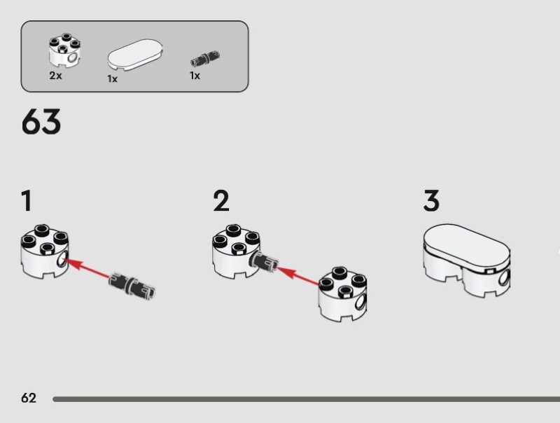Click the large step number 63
click(x=41, y=122)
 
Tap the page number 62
click(x=29, y=398)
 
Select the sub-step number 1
click(x=27, y=201)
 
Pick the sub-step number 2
click(x=221, y=201)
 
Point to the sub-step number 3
click(x=431, y=201)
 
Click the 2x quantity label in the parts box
click(x=56, y=76)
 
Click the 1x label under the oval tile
click(x=113, y=79)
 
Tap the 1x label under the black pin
click(x=195, y=76)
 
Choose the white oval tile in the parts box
click(x=135, y=55)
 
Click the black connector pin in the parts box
click(x=205, y=59)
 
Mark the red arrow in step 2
click(x=298, y=275)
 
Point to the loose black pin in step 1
click(x=132, y=285)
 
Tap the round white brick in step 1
click(x=45, y=251)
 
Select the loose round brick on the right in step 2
click(x=342, y=293)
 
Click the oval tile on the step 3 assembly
click(x=467, y=247)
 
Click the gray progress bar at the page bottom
click(x=306, y=399)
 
